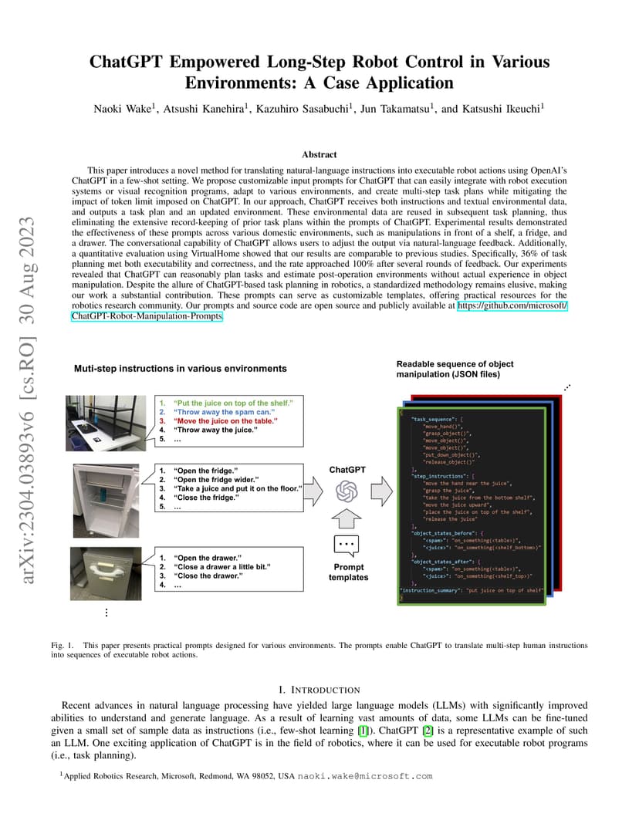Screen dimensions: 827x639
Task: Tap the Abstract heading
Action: (319, 154)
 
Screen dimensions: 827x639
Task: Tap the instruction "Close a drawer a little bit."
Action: (222, 566)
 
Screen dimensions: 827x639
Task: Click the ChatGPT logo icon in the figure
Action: (347, 490)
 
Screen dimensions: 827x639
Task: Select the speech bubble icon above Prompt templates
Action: (347, 545)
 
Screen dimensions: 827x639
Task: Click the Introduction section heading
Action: (319, 689)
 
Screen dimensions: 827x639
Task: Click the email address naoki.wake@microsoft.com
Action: (365, 777)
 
